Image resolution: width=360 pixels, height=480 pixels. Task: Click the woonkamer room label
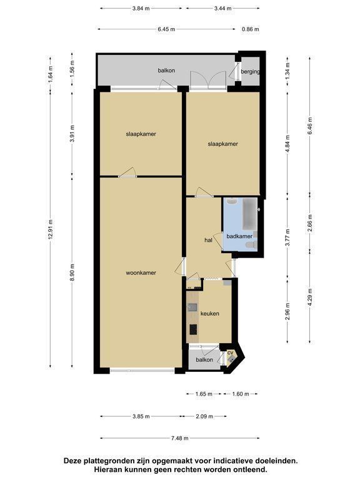(141, 272)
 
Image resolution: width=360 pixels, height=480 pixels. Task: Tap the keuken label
(210, 314)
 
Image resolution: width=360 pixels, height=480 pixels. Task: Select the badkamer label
(239, 236)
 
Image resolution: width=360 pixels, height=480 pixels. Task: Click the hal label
(208, 240)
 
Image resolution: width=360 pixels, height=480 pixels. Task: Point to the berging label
(250, 72)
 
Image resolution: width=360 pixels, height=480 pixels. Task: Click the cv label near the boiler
(230, 353)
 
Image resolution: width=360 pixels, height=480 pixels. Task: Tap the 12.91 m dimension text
(51, 229)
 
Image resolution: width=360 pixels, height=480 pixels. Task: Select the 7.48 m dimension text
(180, 438)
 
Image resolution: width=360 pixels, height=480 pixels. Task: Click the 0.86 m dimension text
(251, 29)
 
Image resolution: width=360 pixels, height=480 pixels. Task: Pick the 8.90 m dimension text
(72, 272)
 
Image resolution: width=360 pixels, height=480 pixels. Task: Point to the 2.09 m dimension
(204, 416)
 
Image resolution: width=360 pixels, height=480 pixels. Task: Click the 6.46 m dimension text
(310, 126)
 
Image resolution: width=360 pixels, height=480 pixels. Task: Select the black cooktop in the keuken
(193, 330)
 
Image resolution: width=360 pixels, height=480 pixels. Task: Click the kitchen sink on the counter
(192, 307)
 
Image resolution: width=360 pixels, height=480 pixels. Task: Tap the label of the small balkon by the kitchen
(204, 360)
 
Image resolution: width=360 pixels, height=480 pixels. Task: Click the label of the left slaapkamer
(141, 134)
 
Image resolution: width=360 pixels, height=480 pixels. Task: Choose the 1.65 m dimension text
(204, 394)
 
